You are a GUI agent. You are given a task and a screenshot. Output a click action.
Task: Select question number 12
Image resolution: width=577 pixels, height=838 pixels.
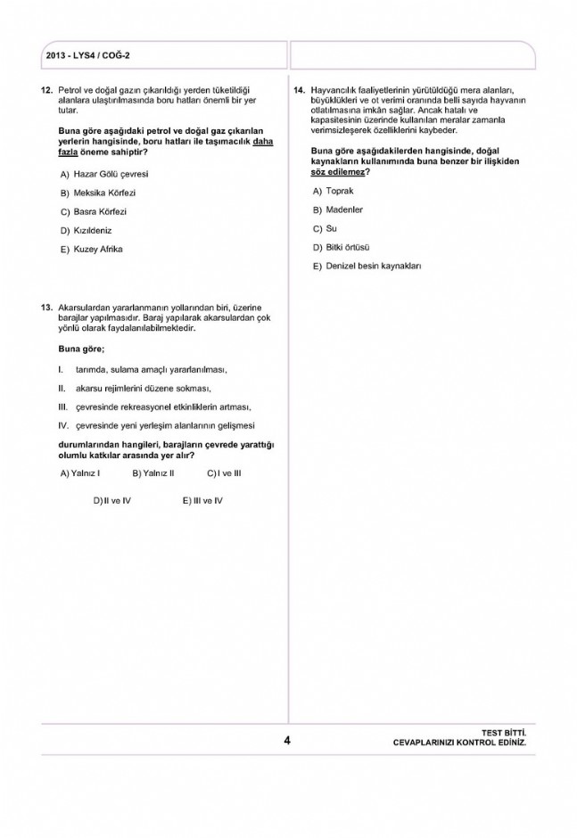[x=46, y=90]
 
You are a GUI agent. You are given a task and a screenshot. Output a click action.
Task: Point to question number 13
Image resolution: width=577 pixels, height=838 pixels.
[x=46, y=307]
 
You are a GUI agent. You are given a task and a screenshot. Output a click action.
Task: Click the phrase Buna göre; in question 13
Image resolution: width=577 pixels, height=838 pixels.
[x=81, y=348]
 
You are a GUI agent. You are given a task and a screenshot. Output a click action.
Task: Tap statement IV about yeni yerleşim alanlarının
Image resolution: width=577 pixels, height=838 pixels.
[x=165, y=425]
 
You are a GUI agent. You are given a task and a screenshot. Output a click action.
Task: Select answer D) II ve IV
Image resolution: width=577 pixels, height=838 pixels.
[x=112, y=500]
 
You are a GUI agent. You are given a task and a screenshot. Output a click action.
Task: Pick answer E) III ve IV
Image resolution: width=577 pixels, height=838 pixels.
[x=202, y=500]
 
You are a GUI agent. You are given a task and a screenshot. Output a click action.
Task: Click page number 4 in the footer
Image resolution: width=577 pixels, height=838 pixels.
[x=287, y=740]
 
